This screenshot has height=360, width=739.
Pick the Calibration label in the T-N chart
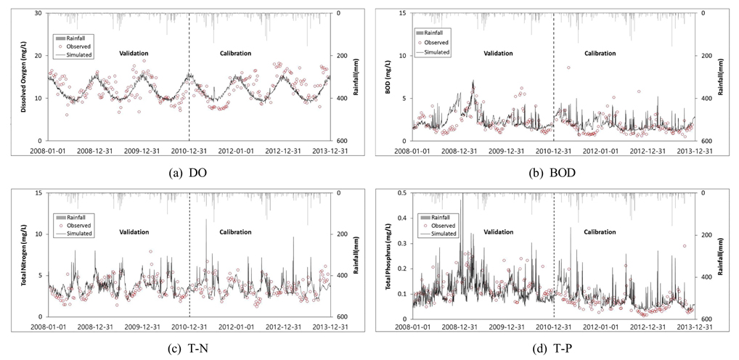(x=236, y=232)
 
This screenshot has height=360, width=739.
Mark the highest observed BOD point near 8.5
(x=568, y=67)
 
